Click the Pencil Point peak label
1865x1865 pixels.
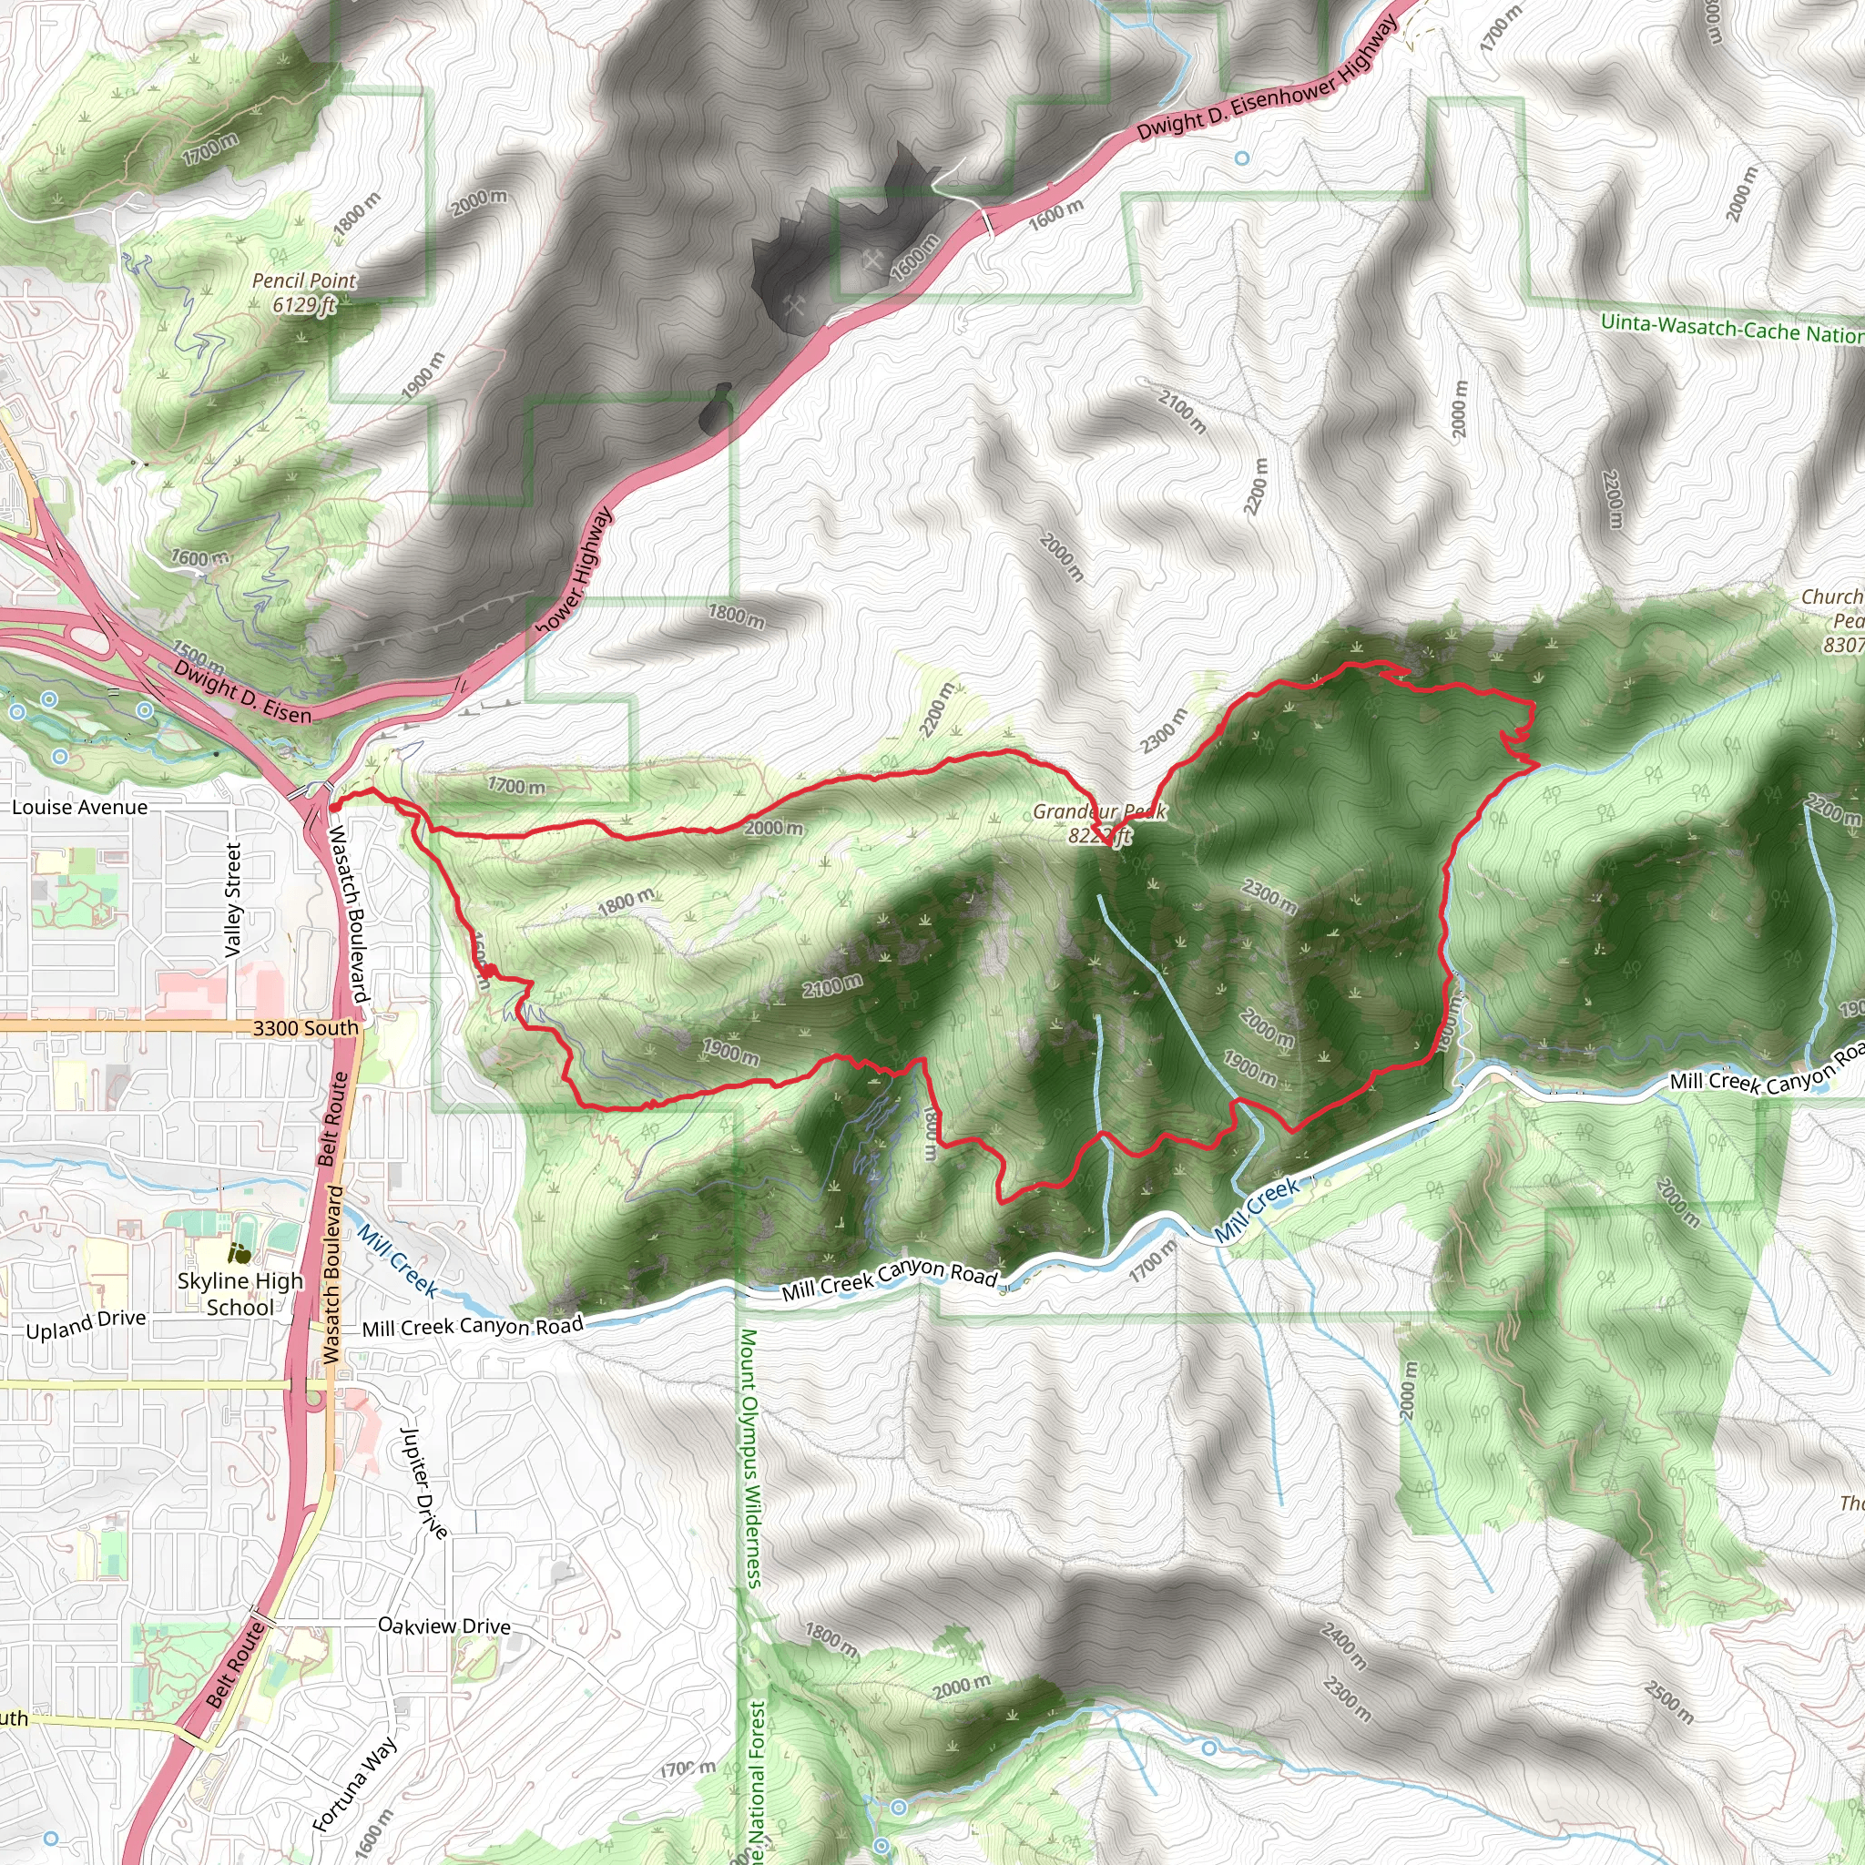click(304, 292)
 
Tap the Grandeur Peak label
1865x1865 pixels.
click(1099, 823)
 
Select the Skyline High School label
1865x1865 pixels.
click(240, 1293)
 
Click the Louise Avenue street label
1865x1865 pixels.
click(80, 807)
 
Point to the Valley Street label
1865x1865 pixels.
click(232, 900)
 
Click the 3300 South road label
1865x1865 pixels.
click(305, 1028)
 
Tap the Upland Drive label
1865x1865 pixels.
click(86, 1324)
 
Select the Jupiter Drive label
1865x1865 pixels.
click(423, 1483)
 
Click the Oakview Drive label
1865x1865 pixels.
click(444, 1626)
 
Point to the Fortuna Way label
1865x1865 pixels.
click(354, 1784)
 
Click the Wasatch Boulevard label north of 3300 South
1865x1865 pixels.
click(350, 914)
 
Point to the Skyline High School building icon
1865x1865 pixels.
click(239, 1254)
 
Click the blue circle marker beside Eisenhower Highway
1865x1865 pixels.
click(1242, 158)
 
